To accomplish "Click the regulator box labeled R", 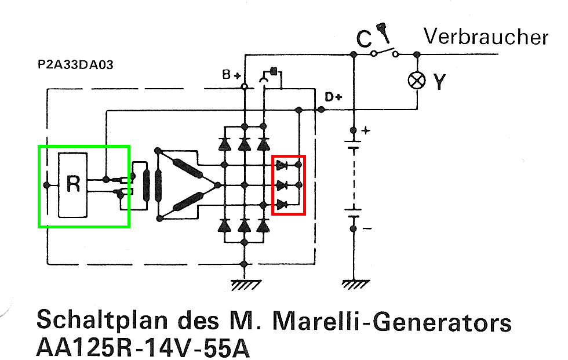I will tap(73, 184).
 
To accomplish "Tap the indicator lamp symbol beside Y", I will tap(416, 81).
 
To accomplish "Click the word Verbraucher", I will tap(486, 37).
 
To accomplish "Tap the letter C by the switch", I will tap(363, 39).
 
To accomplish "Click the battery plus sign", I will tap(365, 130).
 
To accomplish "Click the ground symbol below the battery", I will tap(353, 283).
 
